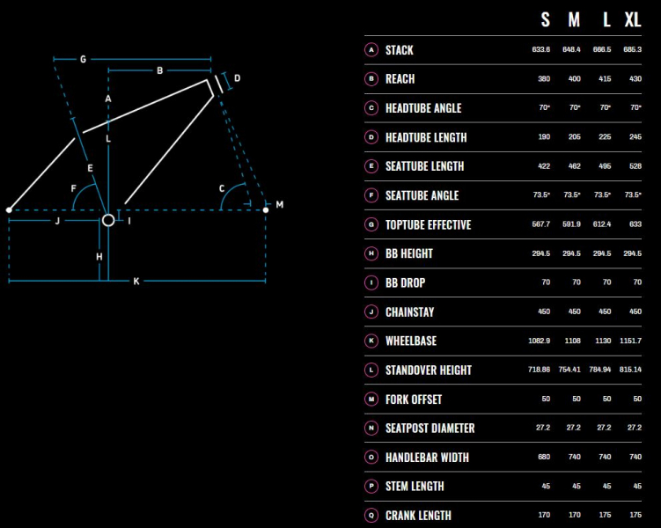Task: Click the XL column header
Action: [x=633, y=20]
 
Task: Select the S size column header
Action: [x=545, y=20]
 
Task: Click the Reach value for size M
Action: [x=574, y=79]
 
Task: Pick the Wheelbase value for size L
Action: [x=603, y=341]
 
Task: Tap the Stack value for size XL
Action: [x=632, y=49]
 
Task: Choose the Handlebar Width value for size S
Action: [x=544, y=457]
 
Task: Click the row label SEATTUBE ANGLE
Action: [x=422, y=195]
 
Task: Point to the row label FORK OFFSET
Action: [x=414, y=400]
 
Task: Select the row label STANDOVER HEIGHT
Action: [x=429, y=370]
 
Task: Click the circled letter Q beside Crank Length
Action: [x=371, y=515]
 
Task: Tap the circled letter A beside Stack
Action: [x=371, y=50]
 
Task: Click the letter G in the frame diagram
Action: [x=83, y=60]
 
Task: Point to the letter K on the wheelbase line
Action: [x=136, y=281]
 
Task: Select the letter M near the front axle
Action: [x=280, y=204]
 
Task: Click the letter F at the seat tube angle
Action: [x=74, y=188]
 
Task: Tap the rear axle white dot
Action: [x=9, y=209]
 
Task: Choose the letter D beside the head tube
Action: [x=238, y=78]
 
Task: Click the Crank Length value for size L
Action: [x=605, y=515]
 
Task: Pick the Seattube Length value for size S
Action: [x=544, y=166]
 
